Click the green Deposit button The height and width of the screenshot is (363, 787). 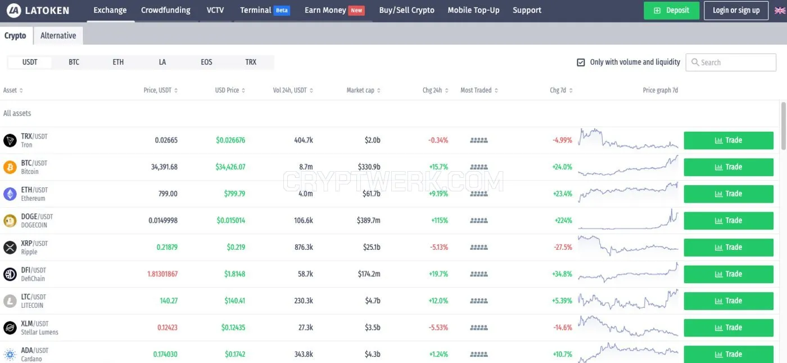(x=671, y=11)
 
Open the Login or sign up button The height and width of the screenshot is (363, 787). (x=736, y=11)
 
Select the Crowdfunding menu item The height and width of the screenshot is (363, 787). (x=165, y=10)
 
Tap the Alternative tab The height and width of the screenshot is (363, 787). (x=58, y=35)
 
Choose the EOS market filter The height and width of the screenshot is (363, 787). (x=206, y=62)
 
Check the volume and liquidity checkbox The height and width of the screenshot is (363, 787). (x=581, y=62)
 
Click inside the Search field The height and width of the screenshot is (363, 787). (x=731, y=62)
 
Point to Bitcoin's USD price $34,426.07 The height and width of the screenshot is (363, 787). (x=230, y=167)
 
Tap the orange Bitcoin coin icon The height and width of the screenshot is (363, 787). (x=10, y=167)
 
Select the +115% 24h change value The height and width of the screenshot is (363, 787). (x=440, y=221)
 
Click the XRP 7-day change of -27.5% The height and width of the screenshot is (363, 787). (x=563, y=247)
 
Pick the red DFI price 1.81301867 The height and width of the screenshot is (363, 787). (x=162, y=274)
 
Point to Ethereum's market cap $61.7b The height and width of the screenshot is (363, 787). (x=372, y=194)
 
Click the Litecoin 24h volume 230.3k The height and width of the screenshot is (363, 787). (x=304, y=301)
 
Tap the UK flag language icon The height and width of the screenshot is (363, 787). (x=780, y=11)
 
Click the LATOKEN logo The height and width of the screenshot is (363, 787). (x=38, y=11)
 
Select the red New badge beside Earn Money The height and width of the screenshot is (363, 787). (x=356, y=11)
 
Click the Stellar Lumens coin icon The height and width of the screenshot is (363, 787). (x=10, y=328)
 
